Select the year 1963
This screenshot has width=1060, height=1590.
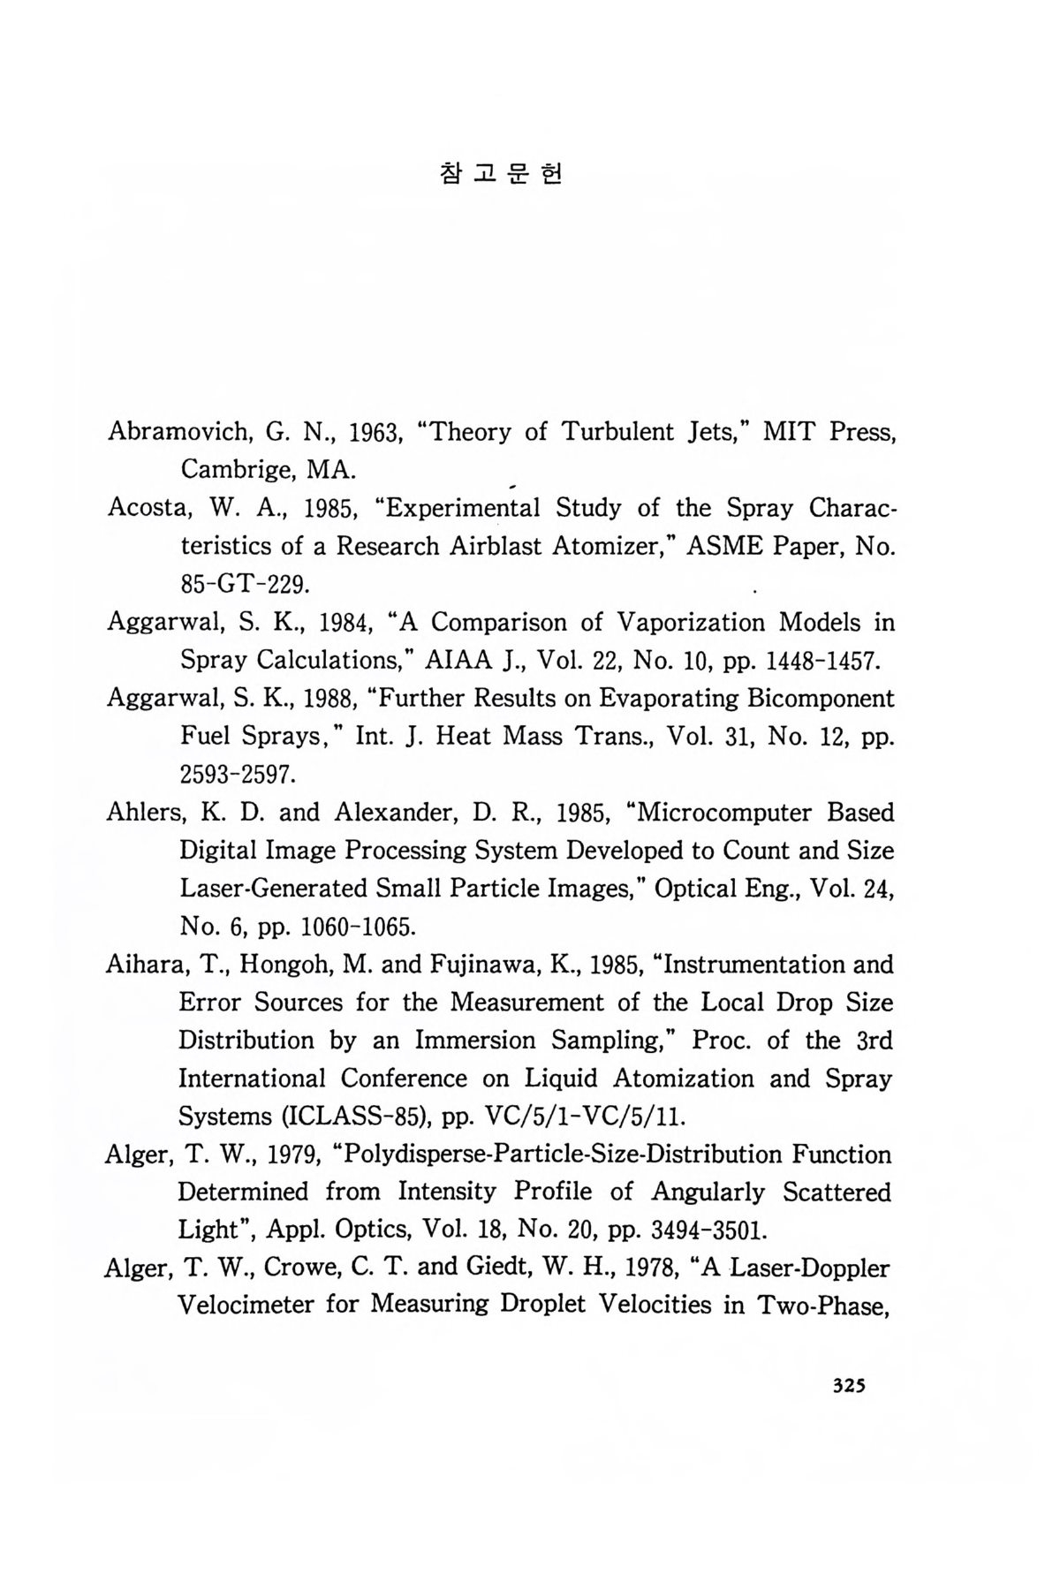(x=377, y=433)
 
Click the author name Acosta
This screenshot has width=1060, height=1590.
(x=145, y=509)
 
